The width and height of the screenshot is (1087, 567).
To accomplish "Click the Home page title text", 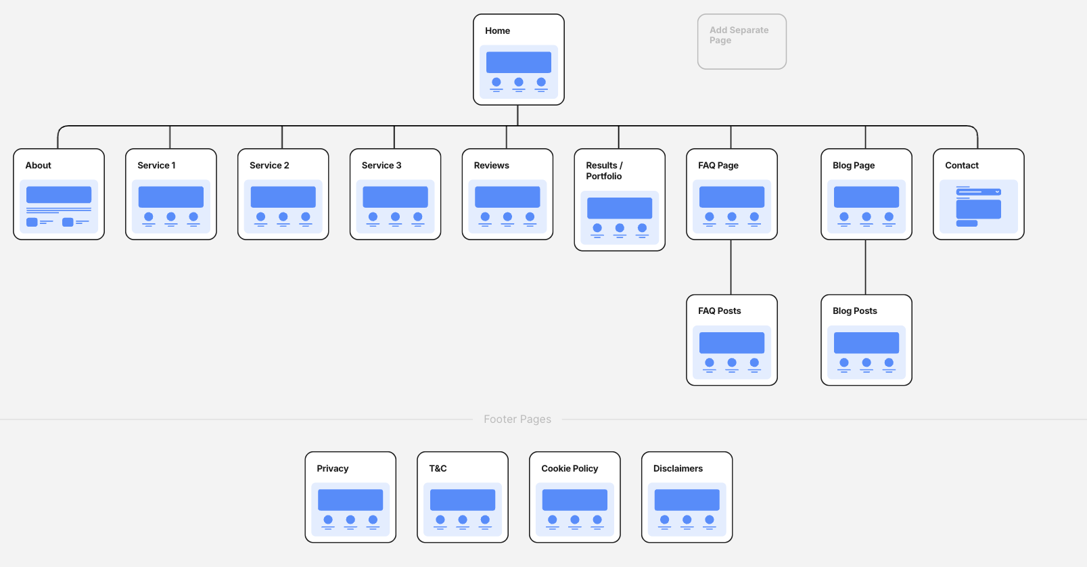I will click(497, 31).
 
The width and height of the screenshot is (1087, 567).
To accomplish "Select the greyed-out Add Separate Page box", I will click(741, 41).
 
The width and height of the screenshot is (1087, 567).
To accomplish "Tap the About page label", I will click(38, 166).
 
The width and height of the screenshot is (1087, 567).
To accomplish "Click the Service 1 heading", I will click(156, 166).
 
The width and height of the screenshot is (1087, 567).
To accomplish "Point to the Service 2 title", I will click(269, 166).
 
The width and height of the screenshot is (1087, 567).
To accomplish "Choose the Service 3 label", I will click(381, 166).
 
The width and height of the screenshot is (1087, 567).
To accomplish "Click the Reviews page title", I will click(491, 166).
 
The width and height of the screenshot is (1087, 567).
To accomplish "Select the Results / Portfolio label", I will click(604, 171).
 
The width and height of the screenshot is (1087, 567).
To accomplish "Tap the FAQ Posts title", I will click(719, 311).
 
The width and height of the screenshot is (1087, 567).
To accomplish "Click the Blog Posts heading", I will click(854, 311).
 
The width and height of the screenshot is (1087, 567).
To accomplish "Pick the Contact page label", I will click(961, 166).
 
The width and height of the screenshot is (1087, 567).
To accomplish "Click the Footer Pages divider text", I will click(517, 419).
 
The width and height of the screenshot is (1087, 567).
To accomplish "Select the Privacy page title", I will click(332, 469).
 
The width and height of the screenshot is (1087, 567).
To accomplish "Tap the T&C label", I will click(438, 469).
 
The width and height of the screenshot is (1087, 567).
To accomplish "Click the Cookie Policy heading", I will click(570, 469).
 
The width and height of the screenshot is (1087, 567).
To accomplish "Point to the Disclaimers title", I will click(678, 469).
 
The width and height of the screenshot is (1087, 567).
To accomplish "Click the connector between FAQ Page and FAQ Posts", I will click(731, 267).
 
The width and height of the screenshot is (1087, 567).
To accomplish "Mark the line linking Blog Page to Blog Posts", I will click(866, 267).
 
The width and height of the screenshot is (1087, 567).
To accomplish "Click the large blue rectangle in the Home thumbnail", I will click(519, 62).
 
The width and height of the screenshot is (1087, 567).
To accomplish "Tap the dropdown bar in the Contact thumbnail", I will click(978, 192).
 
